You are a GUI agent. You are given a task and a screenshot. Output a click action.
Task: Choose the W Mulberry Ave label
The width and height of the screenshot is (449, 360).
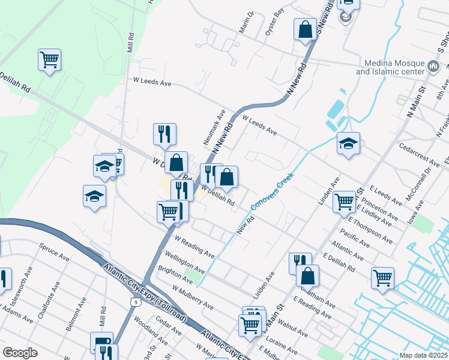tap(192, 297)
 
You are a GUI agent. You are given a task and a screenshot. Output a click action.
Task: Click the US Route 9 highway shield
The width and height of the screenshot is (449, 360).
tap(137, 303)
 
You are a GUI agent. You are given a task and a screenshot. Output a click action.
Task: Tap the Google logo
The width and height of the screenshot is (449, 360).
tap(20, 353)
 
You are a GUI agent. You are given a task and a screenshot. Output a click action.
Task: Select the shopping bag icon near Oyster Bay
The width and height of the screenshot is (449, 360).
tap(305, 29)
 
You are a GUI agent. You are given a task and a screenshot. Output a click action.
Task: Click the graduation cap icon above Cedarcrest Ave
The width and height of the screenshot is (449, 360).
tap(348, 144)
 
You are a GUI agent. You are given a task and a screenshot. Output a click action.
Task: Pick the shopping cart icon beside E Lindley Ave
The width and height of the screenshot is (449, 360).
tap(344, 202)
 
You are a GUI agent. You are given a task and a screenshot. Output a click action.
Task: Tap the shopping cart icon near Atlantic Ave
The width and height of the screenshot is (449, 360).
tap(382, 278)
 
